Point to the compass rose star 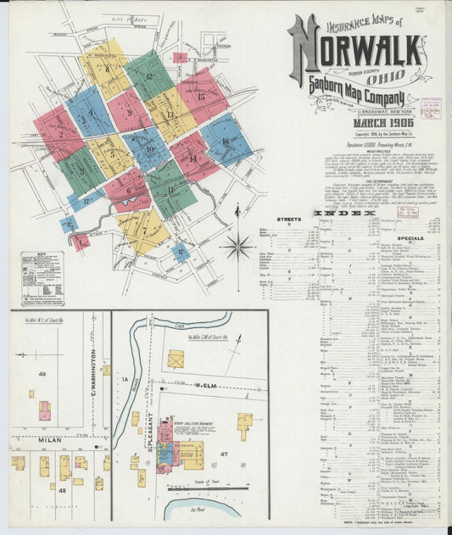(x=237, y=248)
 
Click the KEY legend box (x=42, y=277)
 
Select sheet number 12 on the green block (x=148, y=76)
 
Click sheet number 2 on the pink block (x=59, y=133)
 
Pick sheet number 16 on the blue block (x=226, y=142)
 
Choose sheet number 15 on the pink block (x=202, y=97)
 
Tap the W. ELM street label (x=206, y=387)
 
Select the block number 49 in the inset (x=41, y=373)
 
